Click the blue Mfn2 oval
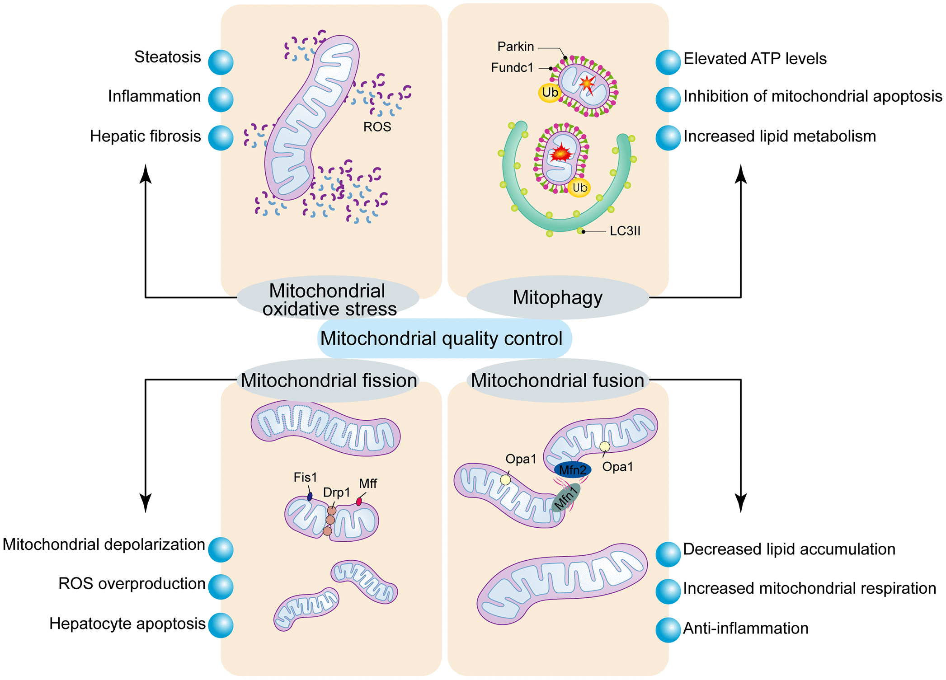click(x=573, y=470)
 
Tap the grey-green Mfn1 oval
click(x=565, y=497)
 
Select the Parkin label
click(x=516, y=47)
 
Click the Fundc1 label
click(x=512, y=68)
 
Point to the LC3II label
click(x=625, y=231)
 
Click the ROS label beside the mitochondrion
click(x=377, y=127)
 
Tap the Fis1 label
click(x=305, y=477)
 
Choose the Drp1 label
click(x=336, y=492)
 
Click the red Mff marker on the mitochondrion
click(x=359, y=502)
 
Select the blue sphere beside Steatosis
click(x=221, y=62)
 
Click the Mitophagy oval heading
click(x=557, y=298)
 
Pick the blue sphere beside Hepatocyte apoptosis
click(x=221, y=625)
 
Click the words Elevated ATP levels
click(x=755, y=59)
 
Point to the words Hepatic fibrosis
click(x=145, y=136)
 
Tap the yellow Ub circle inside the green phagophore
click(x=579, y=188)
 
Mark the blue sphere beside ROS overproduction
click(x=221, y=587)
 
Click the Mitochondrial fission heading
click(x=329, y=380)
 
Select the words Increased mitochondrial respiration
click(x=809, y=588)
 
